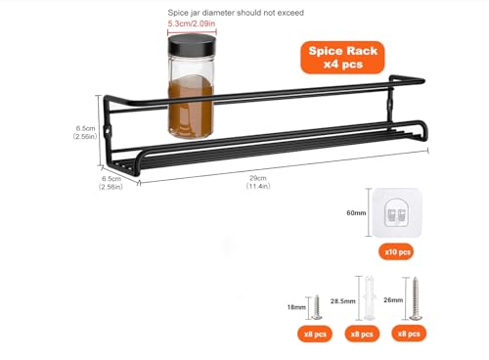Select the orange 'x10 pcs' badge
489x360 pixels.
coord(398,251)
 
